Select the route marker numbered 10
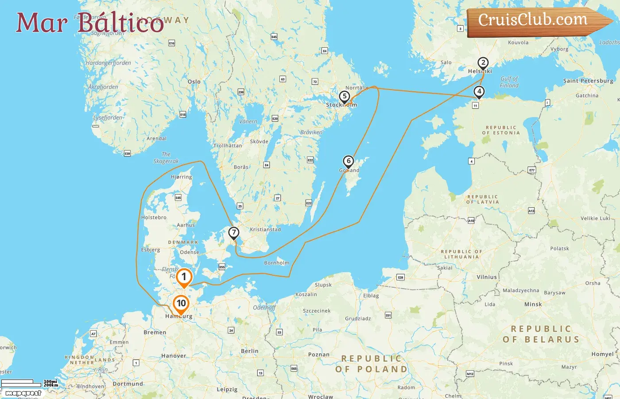181,304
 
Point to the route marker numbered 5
345,97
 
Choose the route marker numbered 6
349,161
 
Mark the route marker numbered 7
233,233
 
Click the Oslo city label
194,82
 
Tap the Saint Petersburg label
588,81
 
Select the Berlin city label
250,351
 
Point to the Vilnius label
487,277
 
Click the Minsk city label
533,304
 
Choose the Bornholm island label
276,263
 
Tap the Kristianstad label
265,229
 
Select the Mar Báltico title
90,23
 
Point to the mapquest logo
23,393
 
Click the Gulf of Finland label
509,82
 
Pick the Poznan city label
319,354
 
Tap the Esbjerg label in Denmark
151,250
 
